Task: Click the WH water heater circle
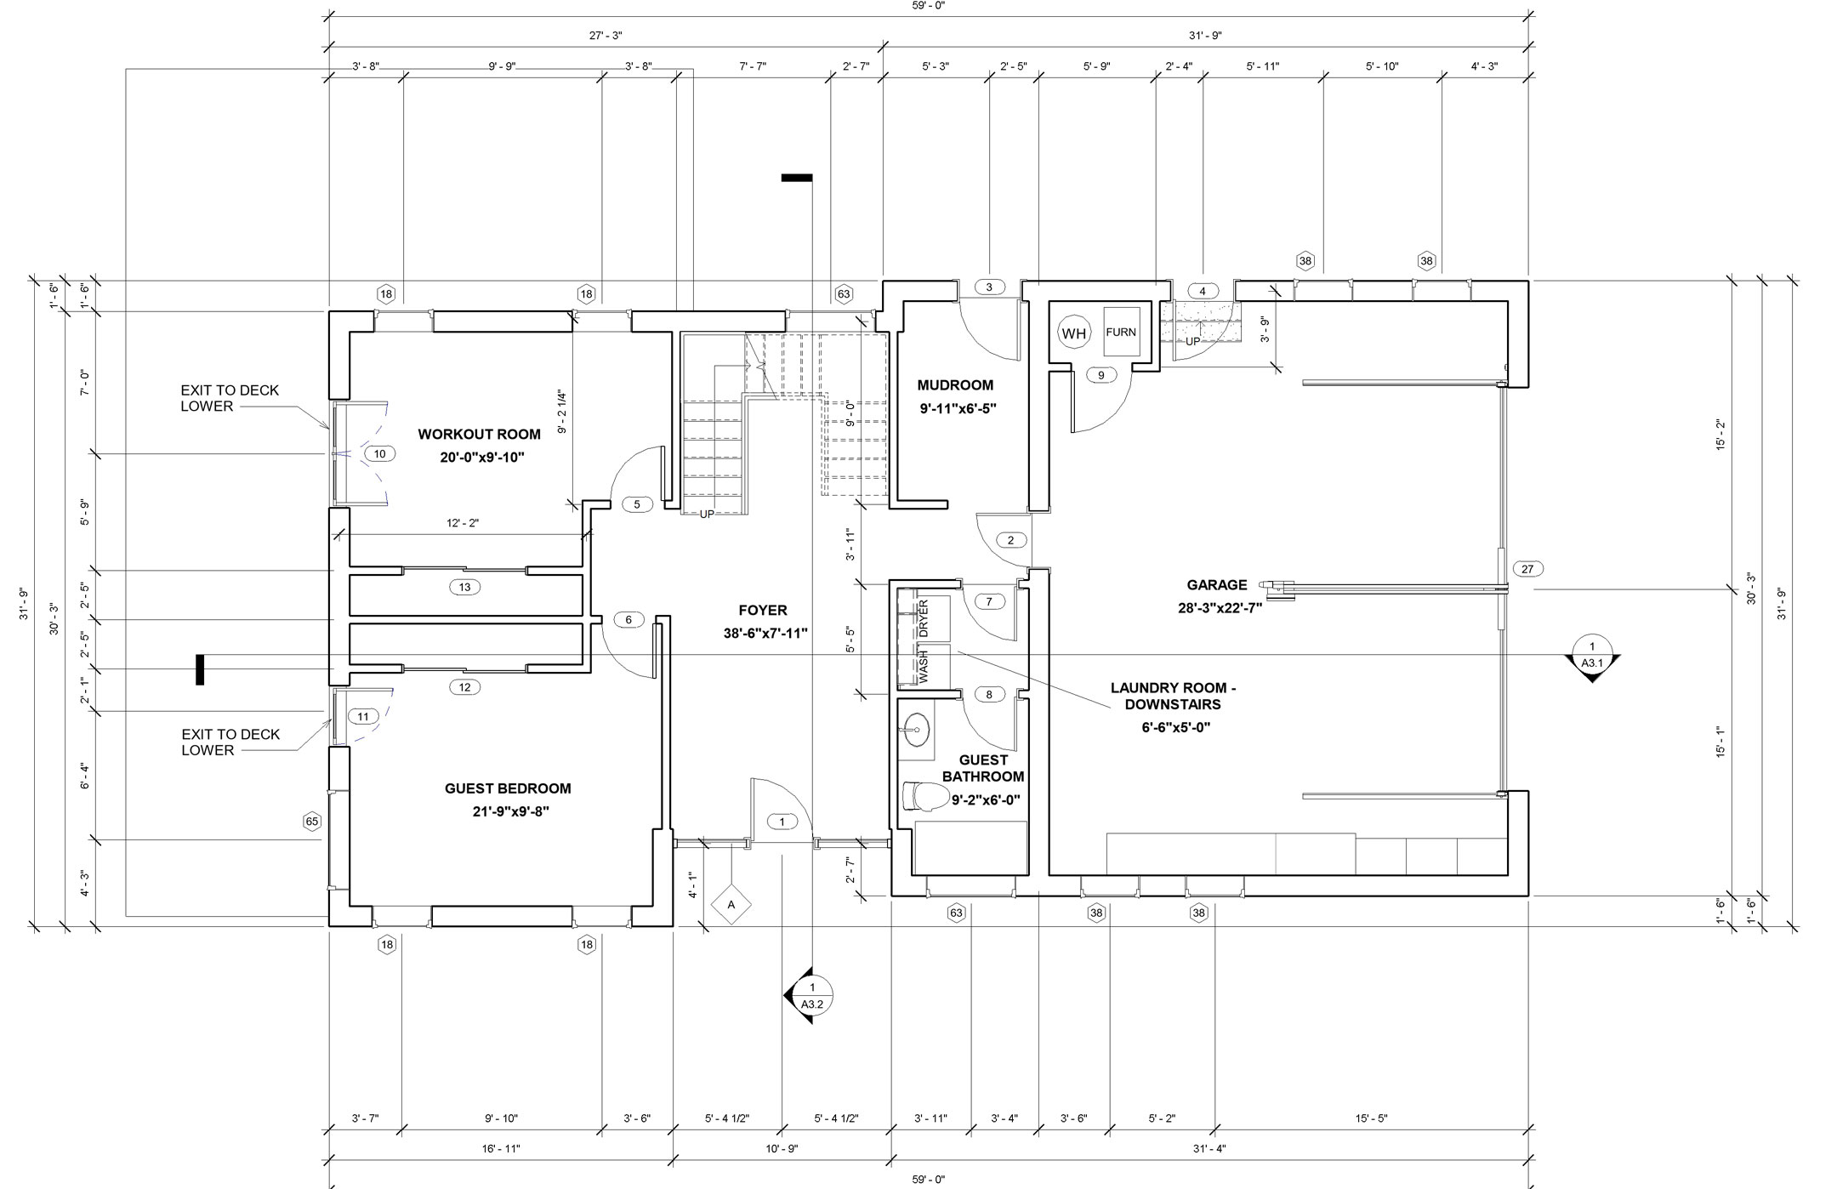1074,333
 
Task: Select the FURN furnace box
1121,333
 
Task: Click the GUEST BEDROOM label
508,788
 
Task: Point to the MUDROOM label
956,384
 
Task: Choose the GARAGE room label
1217,584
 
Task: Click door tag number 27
1527,569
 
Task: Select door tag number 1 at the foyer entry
782,822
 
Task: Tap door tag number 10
379,454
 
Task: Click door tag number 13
464,587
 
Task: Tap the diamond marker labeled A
731,905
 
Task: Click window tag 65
312,822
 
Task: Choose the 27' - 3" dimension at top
606,36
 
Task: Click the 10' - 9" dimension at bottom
782,1149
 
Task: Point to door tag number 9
1101,375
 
